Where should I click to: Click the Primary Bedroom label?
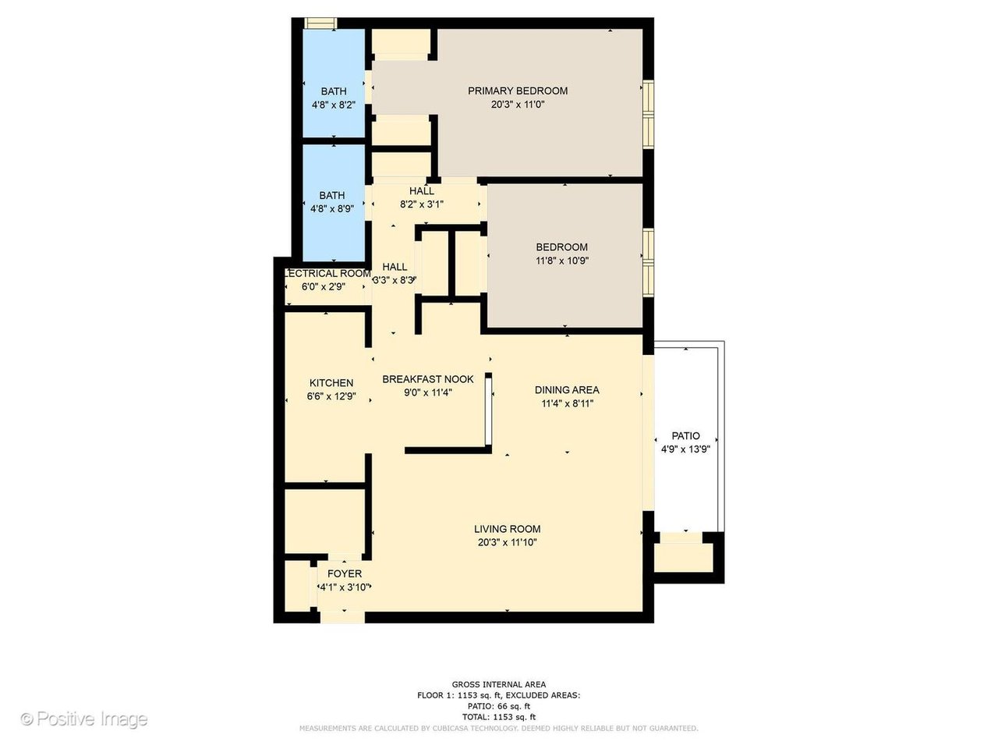(517, 91)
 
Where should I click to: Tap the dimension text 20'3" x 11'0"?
(517, 105)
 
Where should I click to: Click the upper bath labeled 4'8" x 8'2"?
(333, 98)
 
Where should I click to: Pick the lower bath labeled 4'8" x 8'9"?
(331, 201)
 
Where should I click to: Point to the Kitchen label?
(331, 383)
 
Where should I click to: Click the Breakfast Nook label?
(427, 380)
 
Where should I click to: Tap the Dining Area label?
(567, 390)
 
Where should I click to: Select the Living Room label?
(507, 529)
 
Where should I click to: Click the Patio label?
(685, 436)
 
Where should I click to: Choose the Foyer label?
(344, 573)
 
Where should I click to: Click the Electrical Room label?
(326, 274)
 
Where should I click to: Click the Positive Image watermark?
(83, 719)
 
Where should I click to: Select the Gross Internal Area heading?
(499, 684)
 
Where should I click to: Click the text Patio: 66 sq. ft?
(499, 706)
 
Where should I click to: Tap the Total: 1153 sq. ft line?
(499, 716)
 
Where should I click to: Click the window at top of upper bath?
(319, 23)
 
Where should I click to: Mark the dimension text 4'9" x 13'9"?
(685, 449)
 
